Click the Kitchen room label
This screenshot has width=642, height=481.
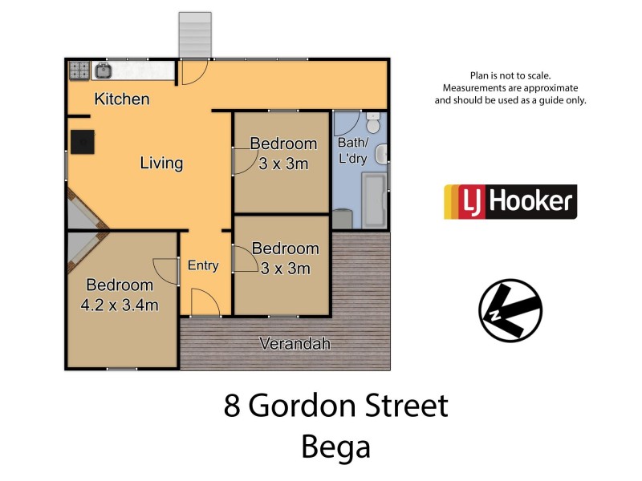[122, 99]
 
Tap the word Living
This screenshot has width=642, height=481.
[161, 164]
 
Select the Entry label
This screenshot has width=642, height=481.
[202, 265]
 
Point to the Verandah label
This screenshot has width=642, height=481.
[295, 344]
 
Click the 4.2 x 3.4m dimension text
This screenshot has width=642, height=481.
[119, 305]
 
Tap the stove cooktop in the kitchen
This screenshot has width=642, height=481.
[79, 71]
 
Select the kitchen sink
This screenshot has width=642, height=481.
[104, 71]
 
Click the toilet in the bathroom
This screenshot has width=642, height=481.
[373, 123]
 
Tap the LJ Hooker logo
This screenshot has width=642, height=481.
[510, 202]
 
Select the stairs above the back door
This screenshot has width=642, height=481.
[193, 35]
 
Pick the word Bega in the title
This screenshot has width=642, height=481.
[335, 446]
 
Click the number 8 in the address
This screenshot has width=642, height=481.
[232, 406]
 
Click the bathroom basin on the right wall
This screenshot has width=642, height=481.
[382, 153]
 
